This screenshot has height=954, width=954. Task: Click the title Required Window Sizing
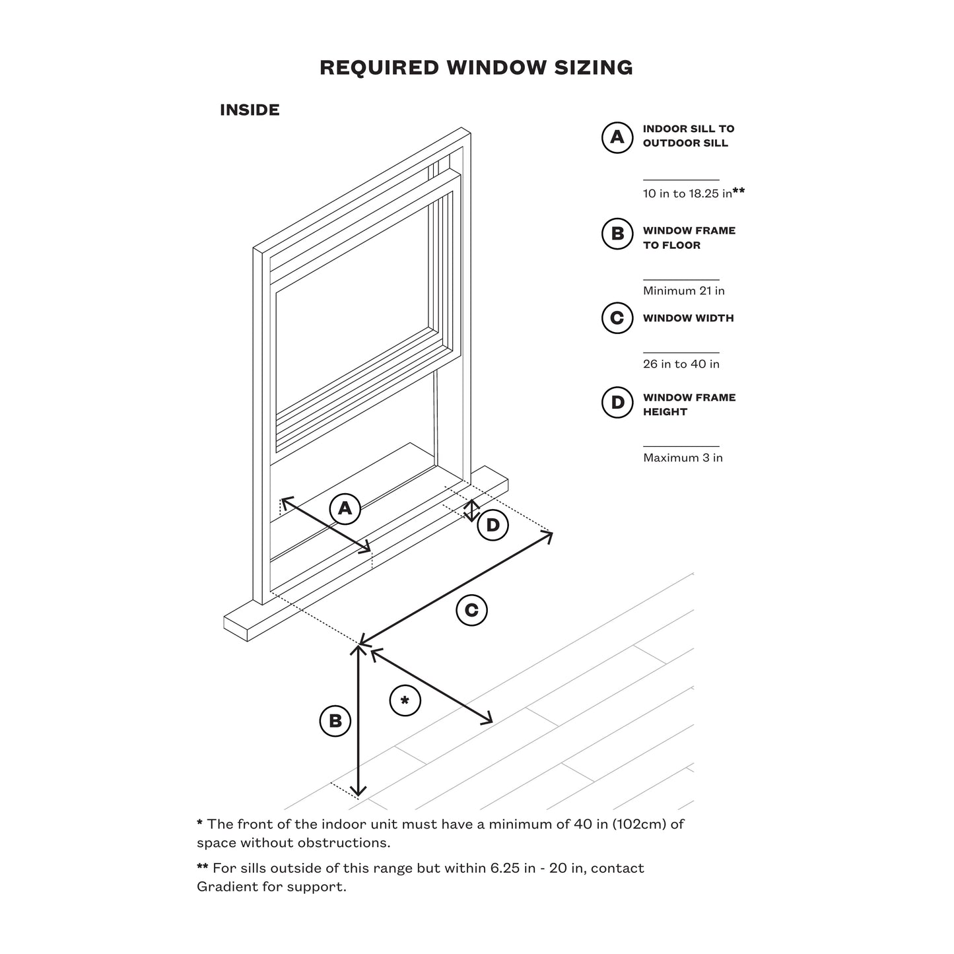click(x=476, y=67)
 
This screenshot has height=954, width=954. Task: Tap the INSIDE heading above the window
click(x=250, y=110)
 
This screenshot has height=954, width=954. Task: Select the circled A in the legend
click(x=617, y=137)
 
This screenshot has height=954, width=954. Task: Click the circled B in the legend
click(x=617, y=234)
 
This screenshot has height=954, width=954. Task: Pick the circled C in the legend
click(x=617, y=318)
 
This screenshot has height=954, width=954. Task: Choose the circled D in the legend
click(x=617, y=403)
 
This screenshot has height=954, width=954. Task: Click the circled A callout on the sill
click(x=345, y=508)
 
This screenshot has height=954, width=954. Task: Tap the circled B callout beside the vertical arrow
click(x=335, y=721)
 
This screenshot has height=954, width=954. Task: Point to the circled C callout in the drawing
click(x=471, y=610)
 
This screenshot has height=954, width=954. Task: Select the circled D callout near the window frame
click(x=493, y=526)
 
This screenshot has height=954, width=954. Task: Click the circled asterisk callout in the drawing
click(x=405, y=700)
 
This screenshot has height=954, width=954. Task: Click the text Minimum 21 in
click(x=683, y=290)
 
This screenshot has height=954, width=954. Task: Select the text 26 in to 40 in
click(x=681, y=364)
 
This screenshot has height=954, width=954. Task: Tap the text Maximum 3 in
click(x=683, y=458)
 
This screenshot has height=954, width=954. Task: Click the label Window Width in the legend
click(x=688, y=318)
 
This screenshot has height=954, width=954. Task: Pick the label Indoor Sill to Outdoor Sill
click(x=688, y=136)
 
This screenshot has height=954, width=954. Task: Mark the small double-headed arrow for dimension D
click(x=471, y=510)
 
